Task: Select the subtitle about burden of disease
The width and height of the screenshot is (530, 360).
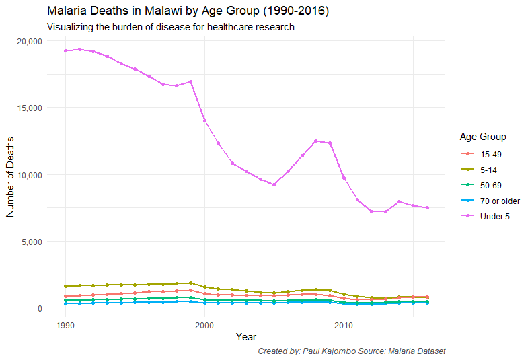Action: pyautogui.click(x=171, y=28)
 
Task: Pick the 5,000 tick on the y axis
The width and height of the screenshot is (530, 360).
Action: pyautogui.click(x=31, y=242)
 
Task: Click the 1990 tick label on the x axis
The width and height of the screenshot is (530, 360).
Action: pyautogui.click(x=65, y=325)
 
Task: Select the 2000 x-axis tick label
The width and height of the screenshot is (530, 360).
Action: pyautogui.click(x=204, y=325)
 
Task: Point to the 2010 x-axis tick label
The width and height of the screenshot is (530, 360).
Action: pyautogui.click(x=344, y=325)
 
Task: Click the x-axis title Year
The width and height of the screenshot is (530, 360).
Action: pyautogui.click(x=245, y=336)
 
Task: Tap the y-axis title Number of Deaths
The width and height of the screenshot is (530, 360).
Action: pyautogui.click(x=11, y=174)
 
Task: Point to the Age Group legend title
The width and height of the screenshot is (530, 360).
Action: pyautogui.click(x=483, y=137)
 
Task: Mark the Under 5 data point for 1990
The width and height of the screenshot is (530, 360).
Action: pyautogui.click(x=65, y=51)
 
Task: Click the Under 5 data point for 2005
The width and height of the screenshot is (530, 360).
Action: pyautogui.click(x=274, y=184)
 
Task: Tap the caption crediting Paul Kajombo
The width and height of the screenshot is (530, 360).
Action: pyautogui.click(x=351, y=351)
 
